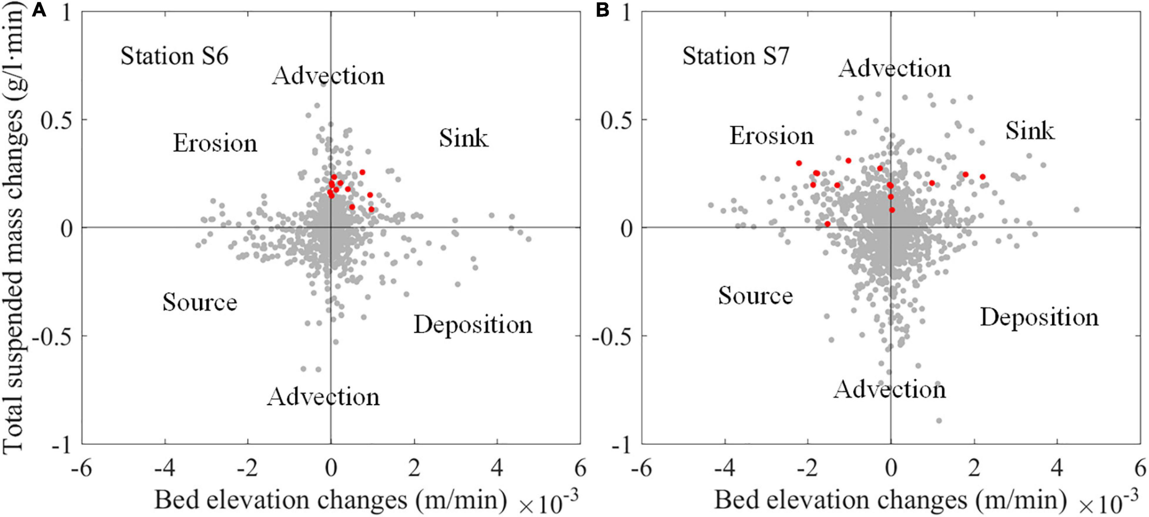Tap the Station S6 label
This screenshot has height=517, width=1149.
point(174,56)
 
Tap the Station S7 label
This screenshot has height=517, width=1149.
point(735,56)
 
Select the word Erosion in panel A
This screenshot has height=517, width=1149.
point(215,143)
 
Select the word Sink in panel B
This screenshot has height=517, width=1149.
point(1030,131)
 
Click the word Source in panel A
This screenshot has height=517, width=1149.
point(199,302)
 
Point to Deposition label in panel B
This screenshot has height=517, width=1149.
point(1039,317)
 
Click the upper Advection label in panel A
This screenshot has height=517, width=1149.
point(328,76)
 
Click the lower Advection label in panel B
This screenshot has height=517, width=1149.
point(889,390)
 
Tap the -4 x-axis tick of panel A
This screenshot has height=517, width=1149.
point(164,469)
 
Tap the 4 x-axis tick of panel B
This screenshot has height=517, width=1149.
point(1057,469)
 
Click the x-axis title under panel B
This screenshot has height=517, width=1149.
point(889,500)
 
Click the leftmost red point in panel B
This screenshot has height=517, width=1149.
point(799,163)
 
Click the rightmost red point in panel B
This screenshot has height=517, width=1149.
point(983,177)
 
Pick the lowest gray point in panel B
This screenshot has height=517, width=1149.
point(939,421)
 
